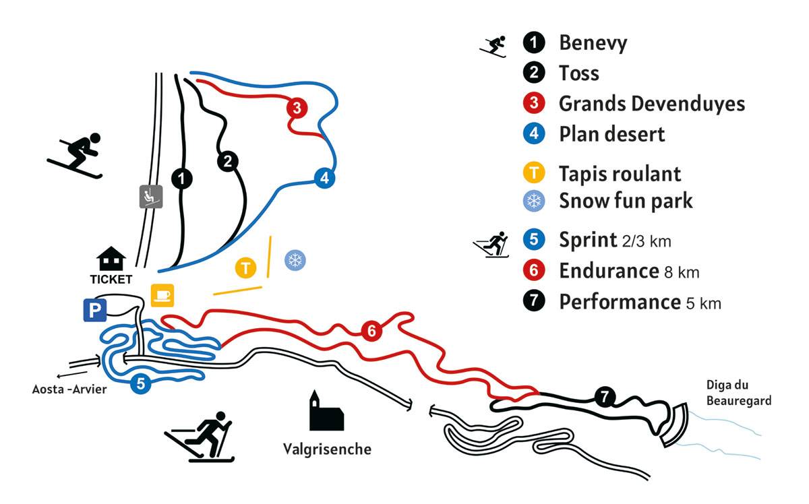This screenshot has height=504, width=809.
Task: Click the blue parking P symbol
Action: pos(94,310)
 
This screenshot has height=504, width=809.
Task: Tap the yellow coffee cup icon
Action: pos(162,295)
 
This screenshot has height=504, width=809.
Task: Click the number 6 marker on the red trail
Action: pos(370,331)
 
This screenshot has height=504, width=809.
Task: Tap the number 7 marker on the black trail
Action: pos(604,398)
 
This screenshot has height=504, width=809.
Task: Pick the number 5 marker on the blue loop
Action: pos(140,384)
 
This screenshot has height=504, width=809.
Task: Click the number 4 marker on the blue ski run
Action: pos(324,179)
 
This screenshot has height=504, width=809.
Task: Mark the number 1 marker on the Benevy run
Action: pos(181,179)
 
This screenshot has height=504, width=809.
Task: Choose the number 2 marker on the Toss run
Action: pos(227,161)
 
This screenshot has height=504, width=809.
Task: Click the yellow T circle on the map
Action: pos(246,268)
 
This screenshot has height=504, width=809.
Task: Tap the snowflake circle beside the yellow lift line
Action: pos(294,260)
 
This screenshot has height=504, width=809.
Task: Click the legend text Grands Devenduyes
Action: pos(651,104)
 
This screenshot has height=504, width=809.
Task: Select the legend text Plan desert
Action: pos(611,133)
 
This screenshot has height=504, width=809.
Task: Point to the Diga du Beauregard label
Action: pos(738,393)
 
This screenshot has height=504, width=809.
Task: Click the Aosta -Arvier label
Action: pos(69,389)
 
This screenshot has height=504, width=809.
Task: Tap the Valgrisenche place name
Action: pos(327,449)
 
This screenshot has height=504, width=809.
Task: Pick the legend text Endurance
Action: pos(608,271)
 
